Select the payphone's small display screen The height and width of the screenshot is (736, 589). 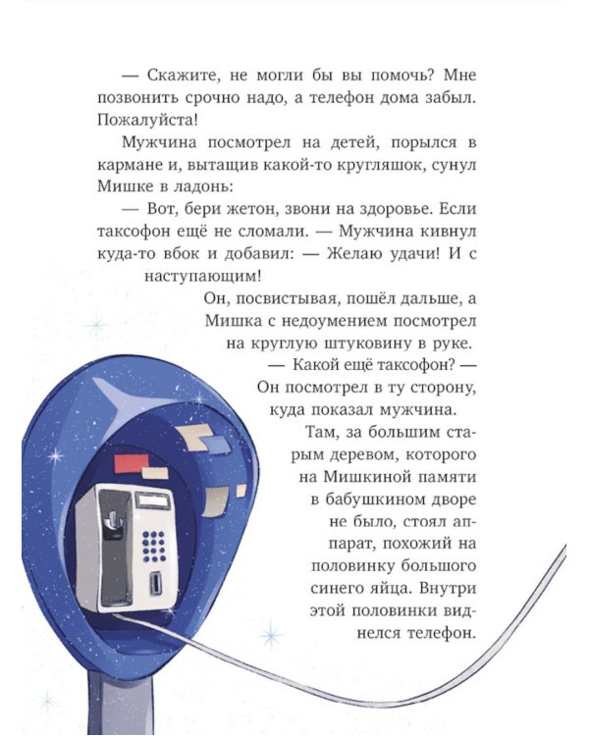coord(151,501)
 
